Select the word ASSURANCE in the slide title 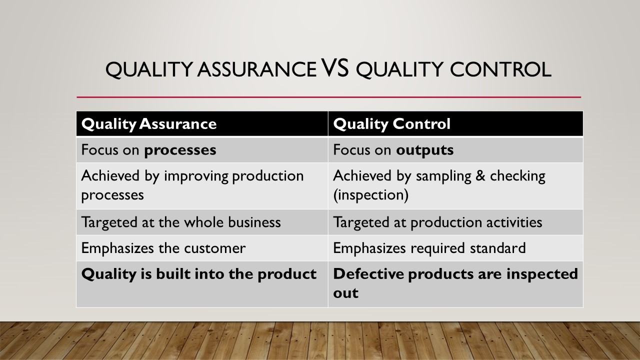click(x=257, y=69)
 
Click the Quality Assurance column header click(x=149, y=124)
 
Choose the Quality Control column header click(x=391, y=124)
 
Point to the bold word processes click(x=180, y=150)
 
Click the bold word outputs click(x=424, y=150)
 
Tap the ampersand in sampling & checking click(x=480, y=175)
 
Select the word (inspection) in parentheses click(x=371, y=195)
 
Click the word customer click(x=214, y=248)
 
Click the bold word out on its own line click(x=345, y=293)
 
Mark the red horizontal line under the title click(x=329, y=97)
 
